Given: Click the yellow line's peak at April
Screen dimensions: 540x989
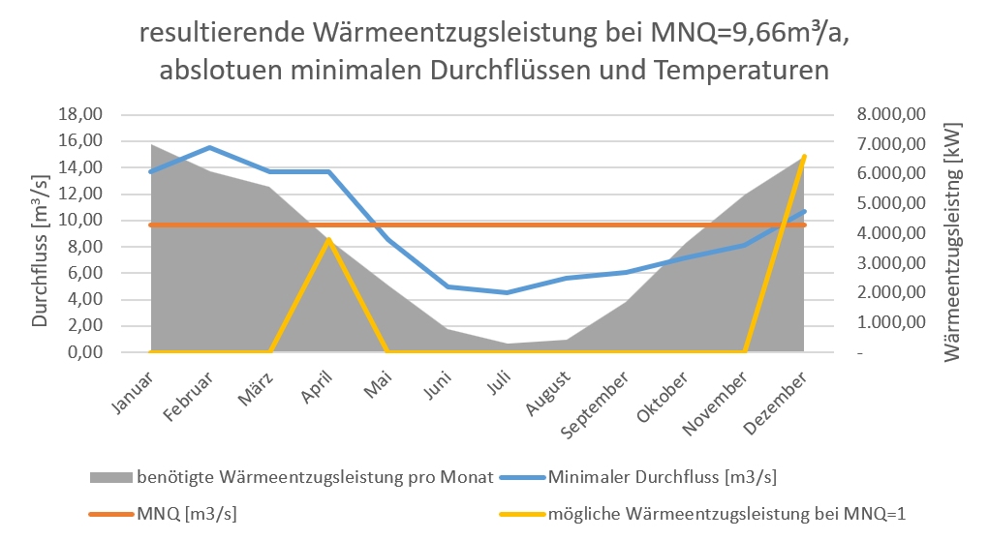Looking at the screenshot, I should pos(329,239).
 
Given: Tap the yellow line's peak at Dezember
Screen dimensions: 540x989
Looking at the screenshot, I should pos(804,156).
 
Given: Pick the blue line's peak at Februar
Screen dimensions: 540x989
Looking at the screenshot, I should pos(210,147).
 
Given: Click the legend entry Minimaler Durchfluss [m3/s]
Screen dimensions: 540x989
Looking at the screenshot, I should pos(663,476).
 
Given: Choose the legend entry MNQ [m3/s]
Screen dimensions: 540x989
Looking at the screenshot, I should pos(184,513).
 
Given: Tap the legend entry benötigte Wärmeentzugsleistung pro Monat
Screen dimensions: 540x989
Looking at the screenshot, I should pos(314,476).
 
